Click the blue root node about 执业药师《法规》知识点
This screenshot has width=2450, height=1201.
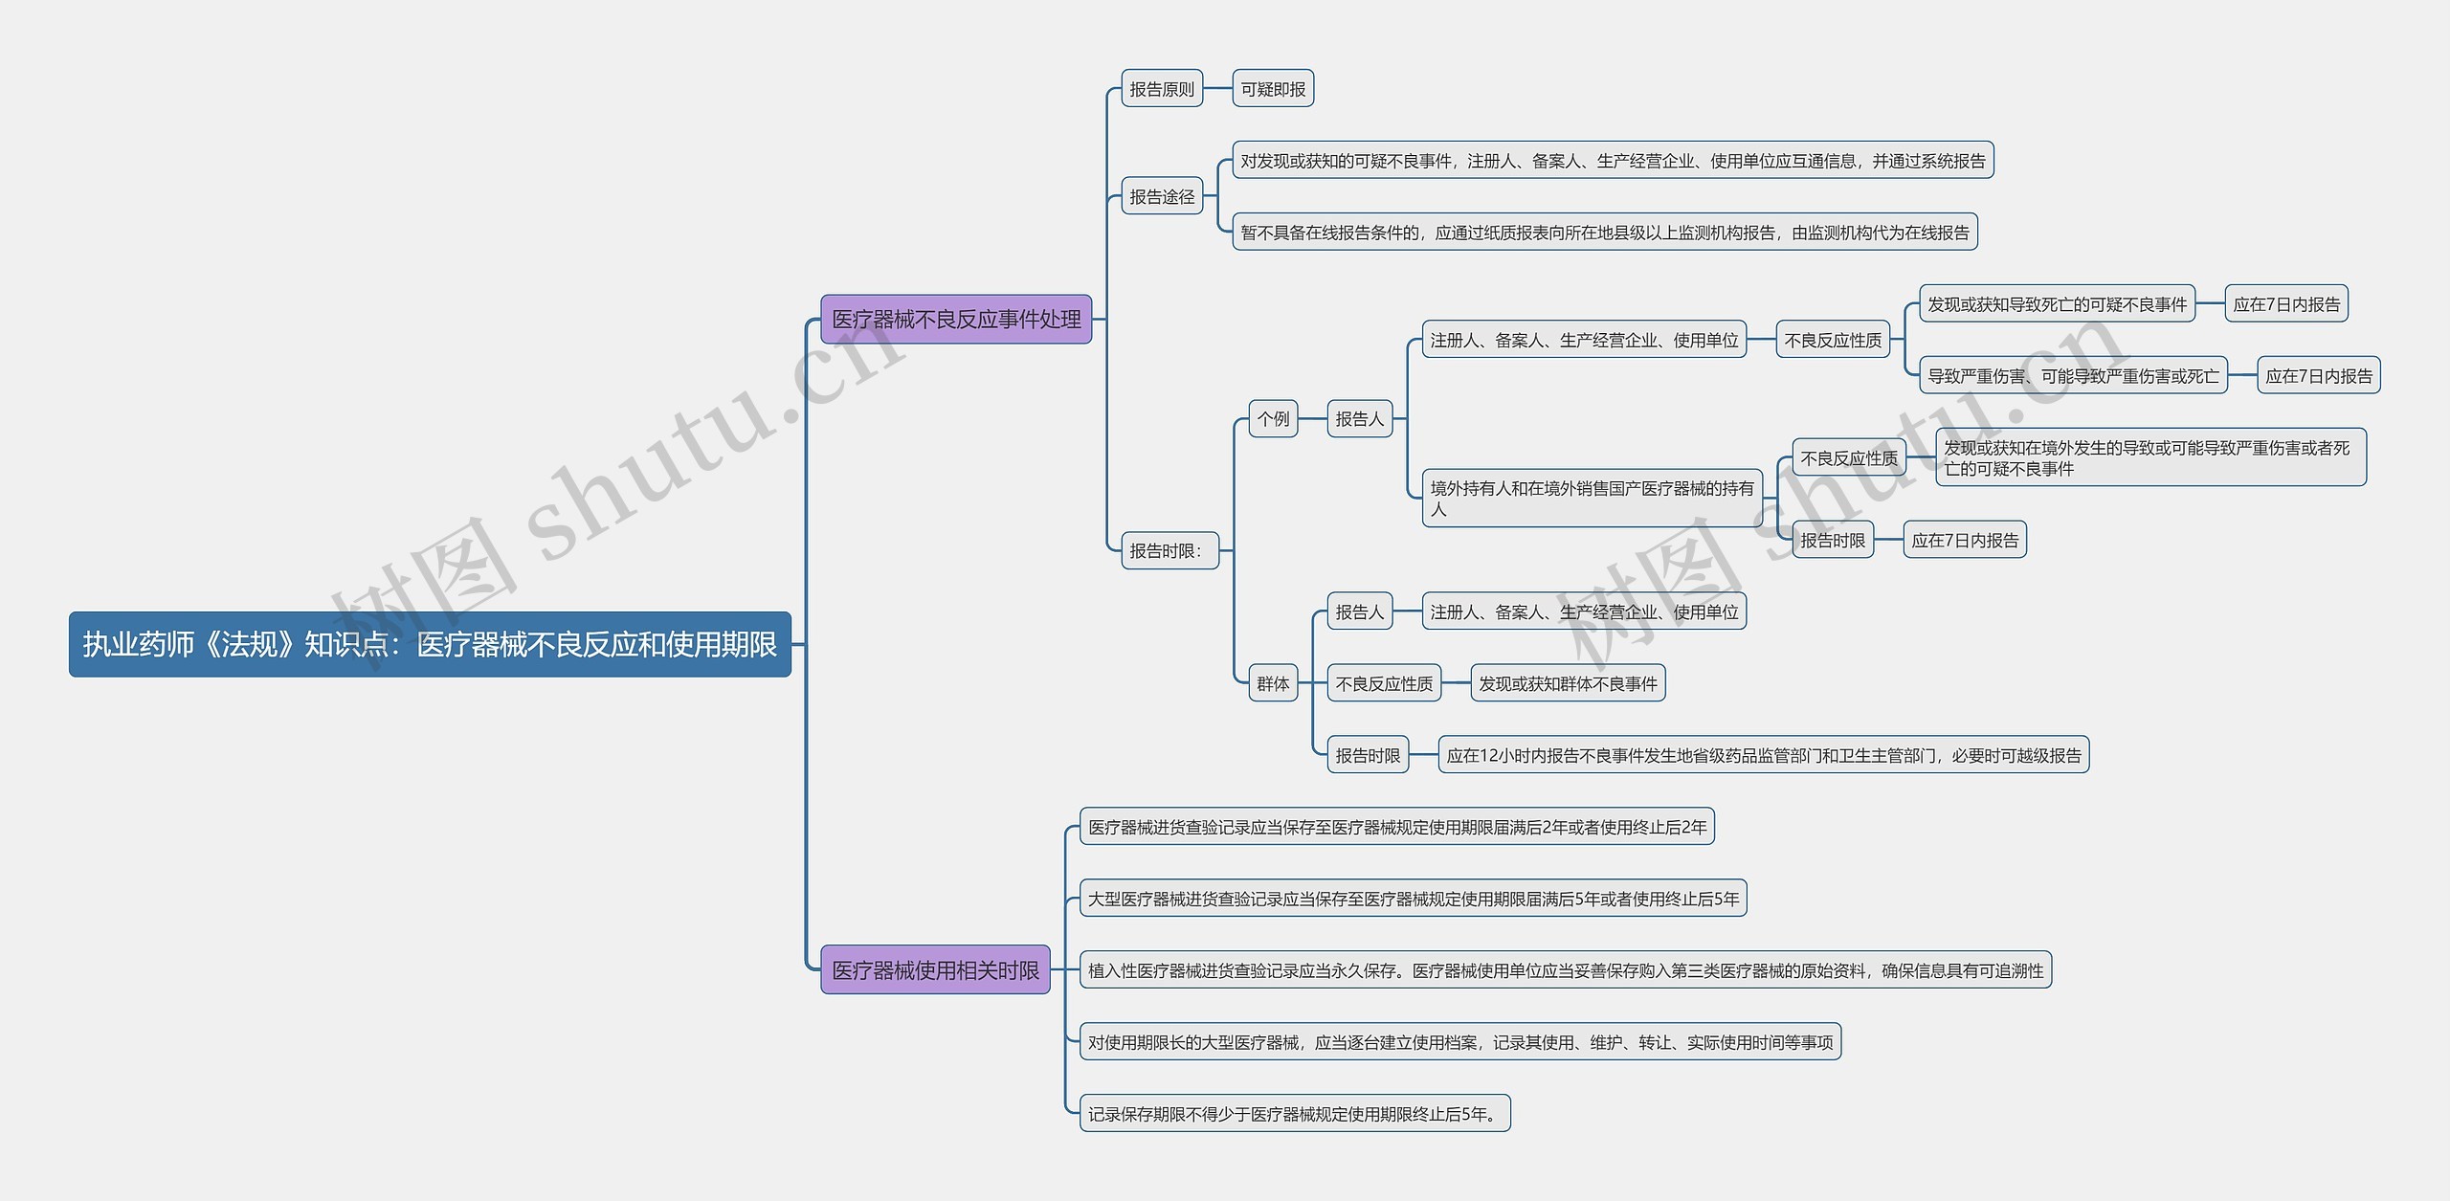pyautogui.click(x=430, y=644)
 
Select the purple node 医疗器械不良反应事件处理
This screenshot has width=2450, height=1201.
pyautogui.click(x=955, y=319)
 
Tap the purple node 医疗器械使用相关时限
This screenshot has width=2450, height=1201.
pyautogui.click(x=935, y=969)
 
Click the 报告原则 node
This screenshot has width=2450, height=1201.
pyautogui.click(x=1161, y=89)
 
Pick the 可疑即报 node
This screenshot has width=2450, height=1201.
pyautogui.click(x=1272, y=89)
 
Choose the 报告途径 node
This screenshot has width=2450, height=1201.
pyautogui.click(x=1161, y=196)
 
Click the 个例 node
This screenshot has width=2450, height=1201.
pyautogui.click(x=1273, y=419)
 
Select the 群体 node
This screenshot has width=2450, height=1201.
pyautogui.click(x=1273, y=683)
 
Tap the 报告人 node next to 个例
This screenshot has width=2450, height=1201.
pyautogui.click(x=1359, y=419)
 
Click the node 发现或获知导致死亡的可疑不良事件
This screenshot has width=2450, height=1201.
pyautogui.click(x=2056, y=304)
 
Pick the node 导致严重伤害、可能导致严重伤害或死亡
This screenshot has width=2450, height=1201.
pyautogui.click(x=2072, y=376)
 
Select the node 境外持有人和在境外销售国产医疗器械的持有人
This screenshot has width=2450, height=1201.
pyautogui.click(x=1592, y=498)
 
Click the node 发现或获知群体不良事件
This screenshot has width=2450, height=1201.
pyautogui.click(x=1568, y=683)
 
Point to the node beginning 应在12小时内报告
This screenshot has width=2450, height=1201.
pyautogui.click(x=1763, y=755)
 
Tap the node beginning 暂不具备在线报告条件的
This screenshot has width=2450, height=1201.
pyautogui.click(x=1604, y=233)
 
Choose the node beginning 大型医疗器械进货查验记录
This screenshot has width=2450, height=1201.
pyautogui.click(x=1413, y=899)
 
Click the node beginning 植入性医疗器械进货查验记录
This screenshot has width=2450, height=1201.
pyautogui.click(x=1565, y=970)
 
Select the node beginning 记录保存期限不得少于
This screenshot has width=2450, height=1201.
pyautogui.click(x=1294, y=1114)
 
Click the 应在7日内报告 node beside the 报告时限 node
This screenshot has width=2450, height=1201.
pyautogui.click(x=1964, y=541)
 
